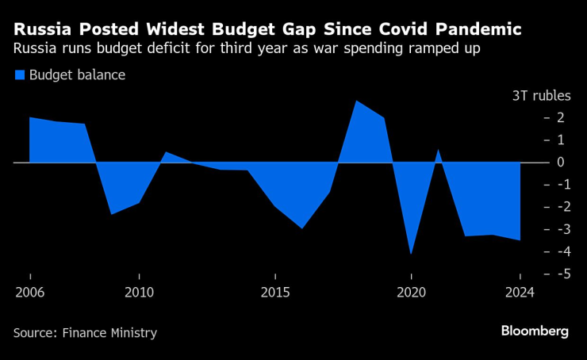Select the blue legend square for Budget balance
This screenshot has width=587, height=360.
coord(19,75)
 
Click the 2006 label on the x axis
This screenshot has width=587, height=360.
coord(29,291)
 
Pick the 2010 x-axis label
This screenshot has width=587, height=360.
coord(139,291)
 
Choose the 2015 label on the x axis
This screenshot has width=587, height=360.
coord(274,291)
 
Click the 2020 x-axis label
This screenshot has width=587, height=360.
coord(411,291)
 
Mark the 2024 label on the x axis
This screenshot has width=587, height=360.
coord(520,291)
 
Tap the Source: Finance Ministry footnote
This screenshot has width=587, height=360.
coord(85,333)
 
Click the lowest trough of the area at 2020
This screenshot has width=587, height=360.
coord(411,253)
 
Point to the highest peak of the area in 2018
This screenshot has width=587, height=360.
coord(356,101)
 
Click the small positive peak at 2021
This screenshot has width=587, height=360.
coord(438,151)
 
